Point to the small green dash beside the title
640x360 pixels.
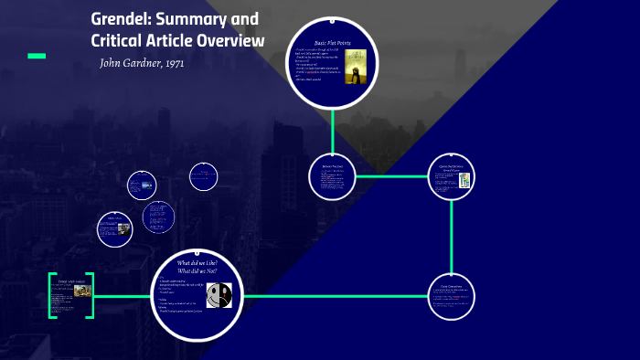[x=37, y=56]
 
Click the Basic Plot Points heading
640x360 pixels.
[x=333, y=43]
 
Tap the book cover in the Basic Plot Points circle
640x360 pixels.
[x=356, y=67]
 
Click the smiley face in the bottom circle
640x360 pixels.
[x=219, y=294]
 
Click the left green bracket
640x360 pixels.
[x=52, y=296]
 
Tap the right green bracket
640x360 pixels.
[x=91, y=296]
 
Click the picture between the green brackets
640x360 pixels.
[x=81, y=291]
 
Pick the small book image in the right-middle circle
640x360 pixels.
[x=464, y=180]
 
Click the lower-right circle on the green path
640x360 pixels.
[x=452, y=296]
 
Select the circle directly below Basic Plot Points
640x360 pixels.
[x=332, y=176]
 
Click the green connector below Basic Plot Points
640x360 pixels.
[x=332, y=138]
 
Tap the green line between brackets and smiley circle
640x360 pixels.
[x=124, y=296]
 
